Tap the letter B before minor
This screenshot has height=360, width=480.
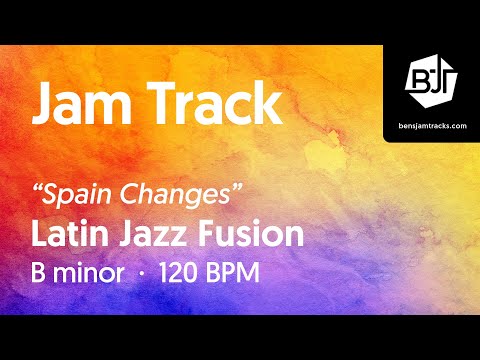[x=41, y=274]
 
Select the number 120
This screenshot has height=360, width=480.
[x=180, y=274]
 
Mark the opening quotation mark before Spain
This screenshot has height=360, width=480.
[x=39, y=186]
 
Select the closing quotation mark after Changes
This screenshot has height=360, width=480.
[x=239, y=186]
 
